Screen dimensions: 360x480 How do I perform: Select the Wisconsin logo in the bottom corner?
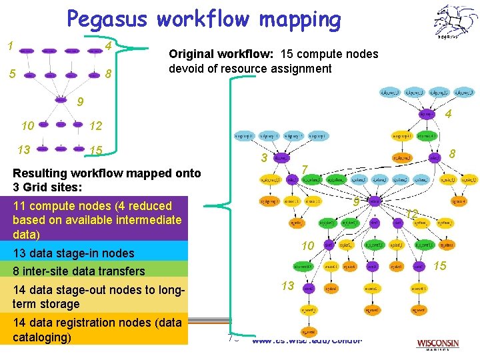[438, 344]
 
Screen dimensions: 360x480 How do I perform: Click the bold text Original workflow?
[223, 54]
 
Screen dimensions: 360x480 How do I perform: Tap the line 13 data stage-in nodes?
[73, 253]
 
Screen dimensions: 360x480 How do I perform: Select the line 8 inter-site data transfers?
[79, 271]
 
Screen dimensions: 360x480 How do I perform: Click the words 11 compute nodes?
[57, 206]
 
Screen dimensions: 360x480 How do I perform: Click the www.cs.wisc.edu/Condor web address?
[307, 341]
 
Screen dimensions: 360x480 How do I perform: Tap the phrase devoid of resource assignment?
[250, 69]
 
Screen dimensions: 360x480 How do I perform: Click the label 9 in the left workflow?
[80, 102]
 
